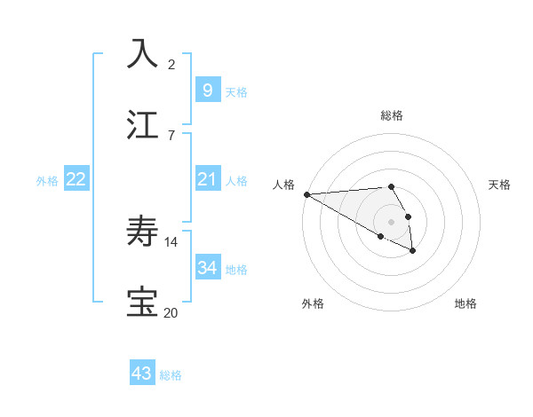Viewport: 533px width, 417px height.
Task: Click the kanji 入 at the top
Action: coord(142,53)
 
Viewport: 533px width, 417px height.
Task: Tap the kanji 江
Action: coord(142,124)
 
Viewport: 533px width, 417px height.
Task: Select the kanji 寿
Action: coord(142,232)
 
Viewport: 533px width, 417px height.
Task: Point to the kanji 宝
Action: coord(142,303)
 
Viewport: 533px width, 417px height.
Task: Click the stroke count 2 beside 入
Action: coord(171,64)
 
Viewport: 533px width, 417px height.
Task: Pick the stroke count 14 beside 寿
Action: coord(171,241)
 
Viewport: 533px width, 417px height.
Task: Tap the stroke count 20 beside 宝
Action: coord(171,312)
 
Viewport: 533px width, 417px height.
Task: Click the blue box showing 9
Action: coord(208,90)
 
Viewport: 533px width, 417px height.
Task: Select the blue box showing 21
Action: coord(208,179)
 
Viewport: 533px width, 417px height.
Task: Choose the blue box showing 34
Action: coord(208,267)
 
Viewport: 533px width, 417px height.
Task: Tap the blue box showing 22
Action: coord(76,179)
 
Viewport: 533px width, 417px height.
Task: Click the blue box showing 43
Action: coord(142,374)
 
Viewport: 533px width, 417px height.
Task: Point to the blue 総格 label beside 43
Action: coord(171,375)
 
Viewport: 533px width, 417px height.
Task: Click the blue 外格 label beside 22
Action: coord(47,181)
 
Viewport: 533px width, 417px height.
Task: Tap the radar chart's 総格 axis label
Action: coord(392,115)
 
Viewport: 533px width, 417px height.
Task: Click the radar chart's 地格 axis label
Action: coord(465,303)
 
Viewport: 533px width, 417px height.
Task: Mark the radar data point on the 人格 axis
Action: coord(306,194)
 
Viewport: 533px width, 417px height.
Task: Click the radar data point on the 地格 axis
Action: coord(413,251)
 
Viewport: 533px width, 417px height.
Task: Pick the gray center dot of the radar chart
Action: coord(392,221)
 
